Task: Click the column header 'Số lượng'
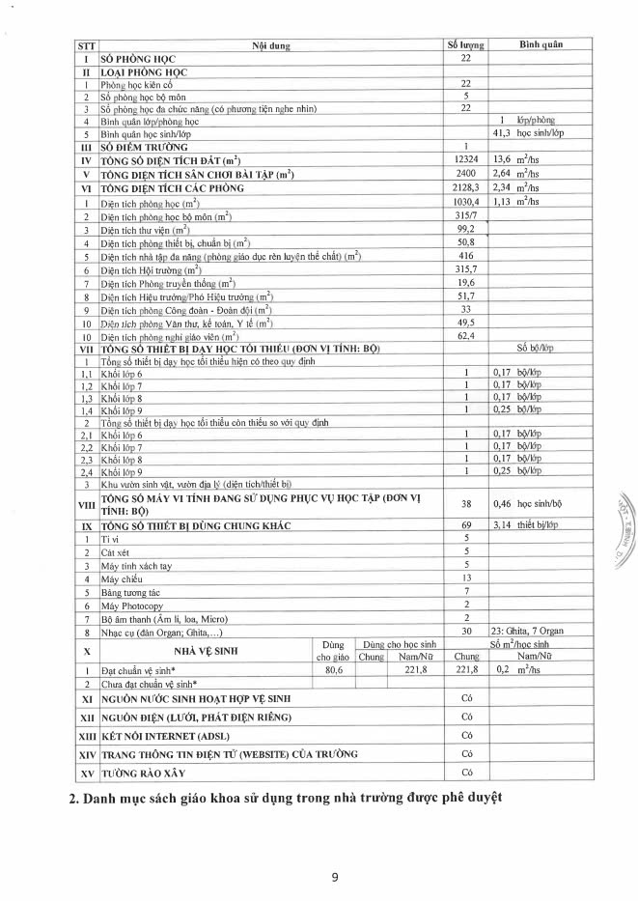coord(465,44)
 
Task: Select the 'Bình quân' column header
coord(540,44)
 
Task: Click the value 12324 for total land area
coord(465,159)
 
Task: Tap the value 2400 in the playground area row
coord(465,174)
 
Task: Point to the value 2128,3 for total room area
coord(465,187)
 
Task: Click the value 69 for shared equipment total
coord(465,524)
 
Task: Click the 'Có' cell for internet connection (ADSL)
coord(465,736)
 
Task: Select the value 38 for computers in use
coord(465,504)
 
